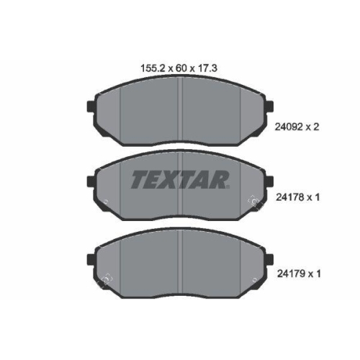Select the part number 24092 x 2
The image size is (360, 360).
[297, 125]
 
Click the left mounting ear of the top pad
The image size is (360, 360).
[91, 109]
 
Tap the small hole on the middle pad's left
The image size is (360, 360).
[106, 201]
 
